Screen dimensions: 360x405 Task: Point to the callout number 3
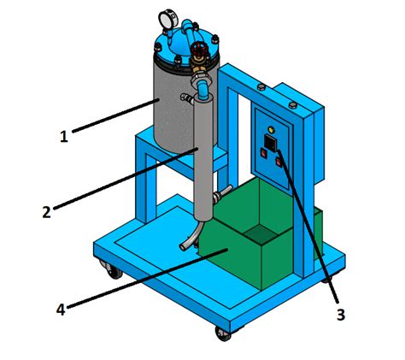pyautogui.click(x=340, y=315)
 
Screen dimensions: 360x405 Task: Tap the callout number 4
pyautogui.click(x=61, y=310)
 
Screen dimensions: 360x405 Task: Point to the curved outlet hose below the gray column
pyautogui.click(x=191, y=234)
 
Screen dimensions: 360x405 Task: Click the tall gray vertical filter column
pyautogui.click(x=204, y=158)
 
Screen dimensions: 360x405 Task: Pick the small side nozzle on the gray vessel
pyautogui.click(x=184, y=101)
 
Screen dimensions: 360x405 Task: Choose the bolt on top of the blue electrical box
pyautogui.click(x=294, y=104)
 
